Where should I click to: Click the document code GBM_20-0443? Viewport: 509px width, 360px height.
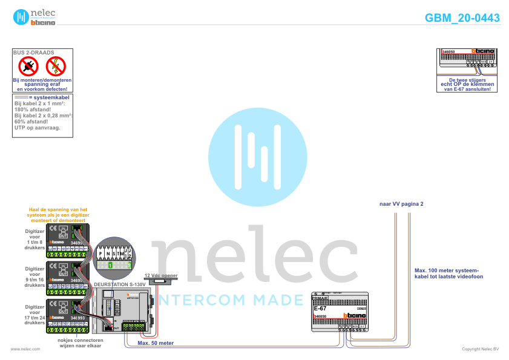point(462,18)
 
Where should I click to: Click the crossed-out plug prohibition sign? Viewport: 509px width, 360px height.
point(28,66)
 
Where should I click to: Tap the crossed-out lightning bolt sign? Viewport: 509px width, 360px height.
point(56,66)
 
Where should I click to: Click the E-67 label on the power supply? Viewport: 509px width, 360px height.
point(320,309)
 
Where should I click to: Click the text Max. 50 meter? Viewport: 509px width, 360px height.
point(156,342)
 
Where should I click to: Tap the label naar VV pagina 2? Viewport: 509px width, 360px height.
point(401,204)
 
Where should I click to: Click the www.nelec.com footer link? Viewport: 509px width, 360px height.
point(26,349)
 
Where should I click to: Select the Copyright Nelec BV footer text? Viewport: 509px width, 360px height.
point(480,349)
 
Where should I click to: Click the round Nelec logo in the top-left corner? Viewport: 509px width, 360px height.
point(21,18)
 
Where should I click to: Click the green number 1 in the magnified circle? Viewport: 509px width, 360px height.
point(111,265)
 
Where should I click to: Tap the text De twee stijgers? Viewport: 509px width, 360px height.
point(467,79)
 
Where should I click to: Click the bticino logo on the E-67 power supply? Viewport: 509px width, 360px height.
point(355,316)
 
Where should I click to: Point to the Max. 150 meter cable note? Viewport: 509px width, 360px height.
point(448,273)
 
